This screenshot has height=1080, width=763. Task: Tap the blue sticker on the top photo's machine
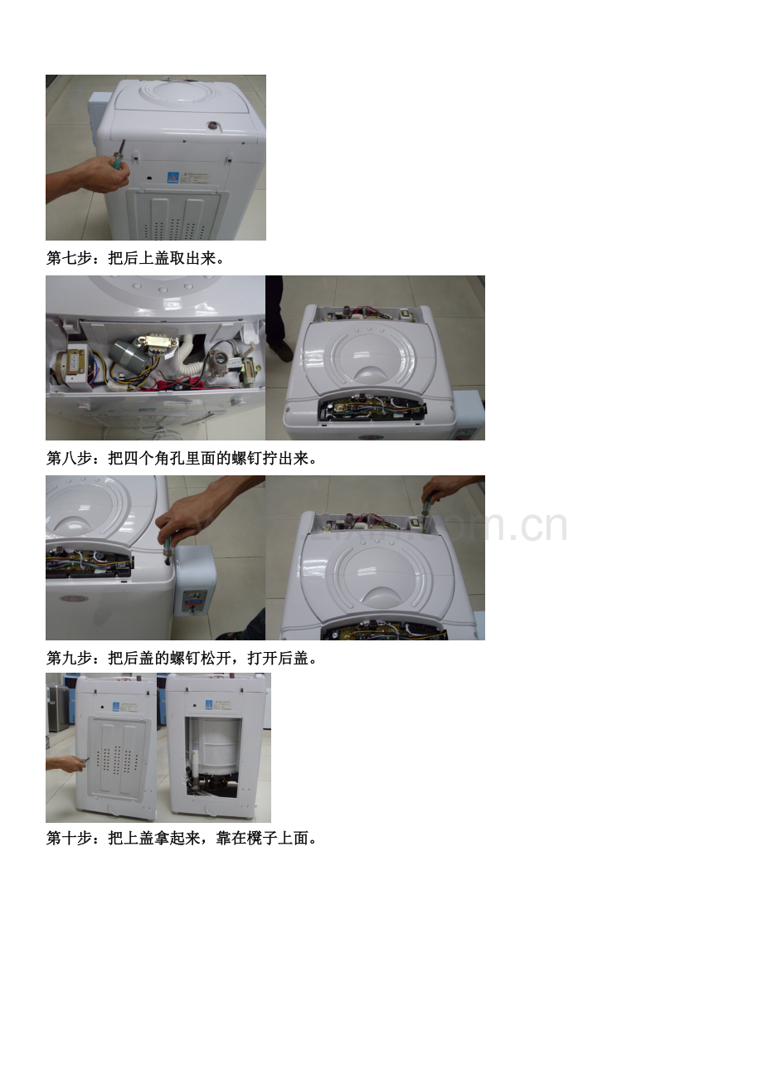(173, 177)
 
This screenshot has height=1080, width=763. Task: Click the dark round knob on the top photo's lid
(212, 126)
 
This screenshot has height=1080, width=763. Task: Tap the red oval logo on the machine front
(74, 599)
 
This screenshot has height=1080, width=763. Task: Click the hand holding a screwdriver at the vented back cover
(66, 763)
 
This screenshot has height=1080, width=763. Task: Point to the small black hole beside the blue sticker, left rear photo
(103, 707)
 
